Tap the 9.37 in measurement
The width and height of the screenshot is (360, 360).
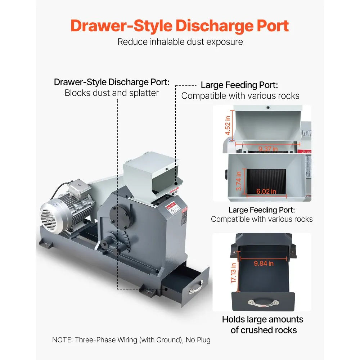click(x=268, y=148)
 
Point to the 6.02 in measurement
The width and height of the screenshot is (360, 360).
click(x=266, y=191)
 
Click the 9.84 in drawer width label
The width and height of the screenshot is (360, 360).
click(x=264, y=263)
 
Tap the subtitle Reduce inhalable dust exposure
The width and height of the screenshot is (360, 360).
click(x=180, y=42)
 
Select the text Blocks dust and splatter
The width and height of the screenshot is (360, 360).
click(x=112, y=93)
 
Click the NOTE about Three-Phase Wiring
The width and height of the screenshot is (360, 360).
click(x=131, y=339)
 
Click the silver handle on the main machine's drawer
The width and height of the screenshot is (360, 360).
click(x=197, y=287)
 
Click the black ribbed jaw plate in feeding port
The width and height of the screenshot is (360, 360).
click(x=266, y=182)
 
